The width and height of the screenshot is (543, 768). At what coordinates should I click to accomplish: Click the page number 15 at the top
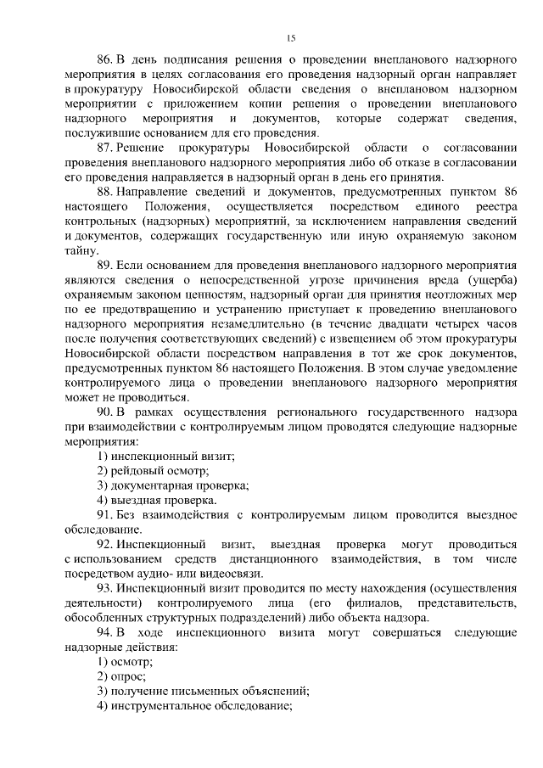click(290, 37)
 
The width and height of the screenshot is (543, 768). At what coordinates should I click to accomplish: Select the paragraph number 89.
click(105, 266)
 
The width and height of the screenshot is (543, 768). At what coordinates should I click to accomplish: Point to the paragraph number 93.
click(105, 587)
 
